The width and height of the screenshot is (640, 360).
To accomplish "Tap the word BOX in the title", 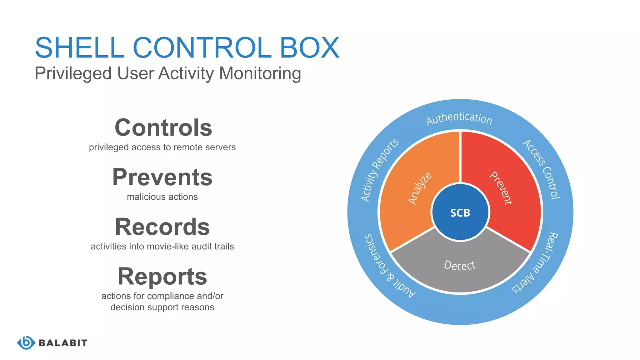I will click(x=309, y=47).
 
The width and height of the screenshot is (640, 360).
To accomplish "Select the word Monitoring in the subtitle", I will click(x=260, y=74).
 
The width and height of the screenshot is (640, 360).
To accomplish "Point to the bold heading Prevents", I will click(x=162, y=177).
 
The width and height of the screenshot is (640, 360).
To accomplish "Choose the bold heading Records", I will click(x=162, y=227).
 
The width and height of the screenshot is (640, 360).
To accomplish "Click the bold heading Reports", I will click(x=162, y=277).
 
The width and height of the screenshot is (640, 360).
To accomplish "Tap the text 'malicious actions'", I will click(x=162, y=197).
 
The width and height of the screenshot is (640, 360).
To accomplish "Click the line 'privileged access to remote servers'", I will click(x=162, y=147).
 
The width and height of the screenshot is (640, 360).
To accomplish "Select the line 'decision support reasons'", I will click(x=162, y=307).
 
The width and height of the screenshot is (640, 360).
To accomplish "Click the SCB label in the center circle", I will click(x=460, y=213).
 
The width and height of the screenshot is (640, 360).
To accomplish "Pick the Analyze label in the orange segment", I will click(x=420, y=188).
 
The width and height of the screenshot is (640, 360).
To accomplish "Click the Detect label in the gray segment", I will click(x=460, y=265).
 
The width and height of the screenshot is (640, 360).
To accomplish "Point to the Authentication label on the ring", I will click(x=459, y=118).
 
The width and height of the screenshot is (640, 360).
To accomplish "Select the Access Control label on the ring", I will click(x=542, y=169).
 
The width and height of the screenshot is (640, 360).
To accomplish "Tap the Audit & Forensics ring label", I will click(x=387, y=267).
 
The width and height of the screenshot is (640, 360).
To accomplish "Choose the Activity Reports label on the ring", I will click(x=379, y=170).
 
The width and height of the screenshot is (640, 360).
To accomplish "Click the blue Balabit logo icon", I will click(x=26, y=343).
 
